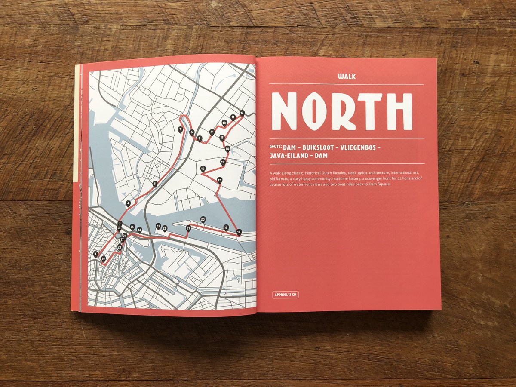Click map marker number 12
(x=242, y=113)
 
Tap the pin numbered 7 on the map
(x=180, y=129)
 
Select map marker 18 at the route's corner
(x=239, y=232)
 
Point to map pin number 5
(x=154, y=184)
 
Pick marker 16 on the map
(x=203, y=169)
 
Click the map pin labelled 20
(x=203, y=219)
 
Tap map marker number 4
(x=128, y=203)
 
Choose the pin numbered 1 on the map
(x=95, y=254)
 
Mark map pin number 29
(x=103, y=258)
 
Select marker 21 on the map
(x=188, y=228)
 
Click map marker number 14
(x=227, y=149)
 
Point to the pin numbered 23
(x=158, y=226)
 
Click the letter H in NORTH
(x=400, y=111)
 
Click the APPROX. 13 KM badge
(x=286, y=295)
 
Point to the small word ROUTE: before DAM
(x=276, y=147)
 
